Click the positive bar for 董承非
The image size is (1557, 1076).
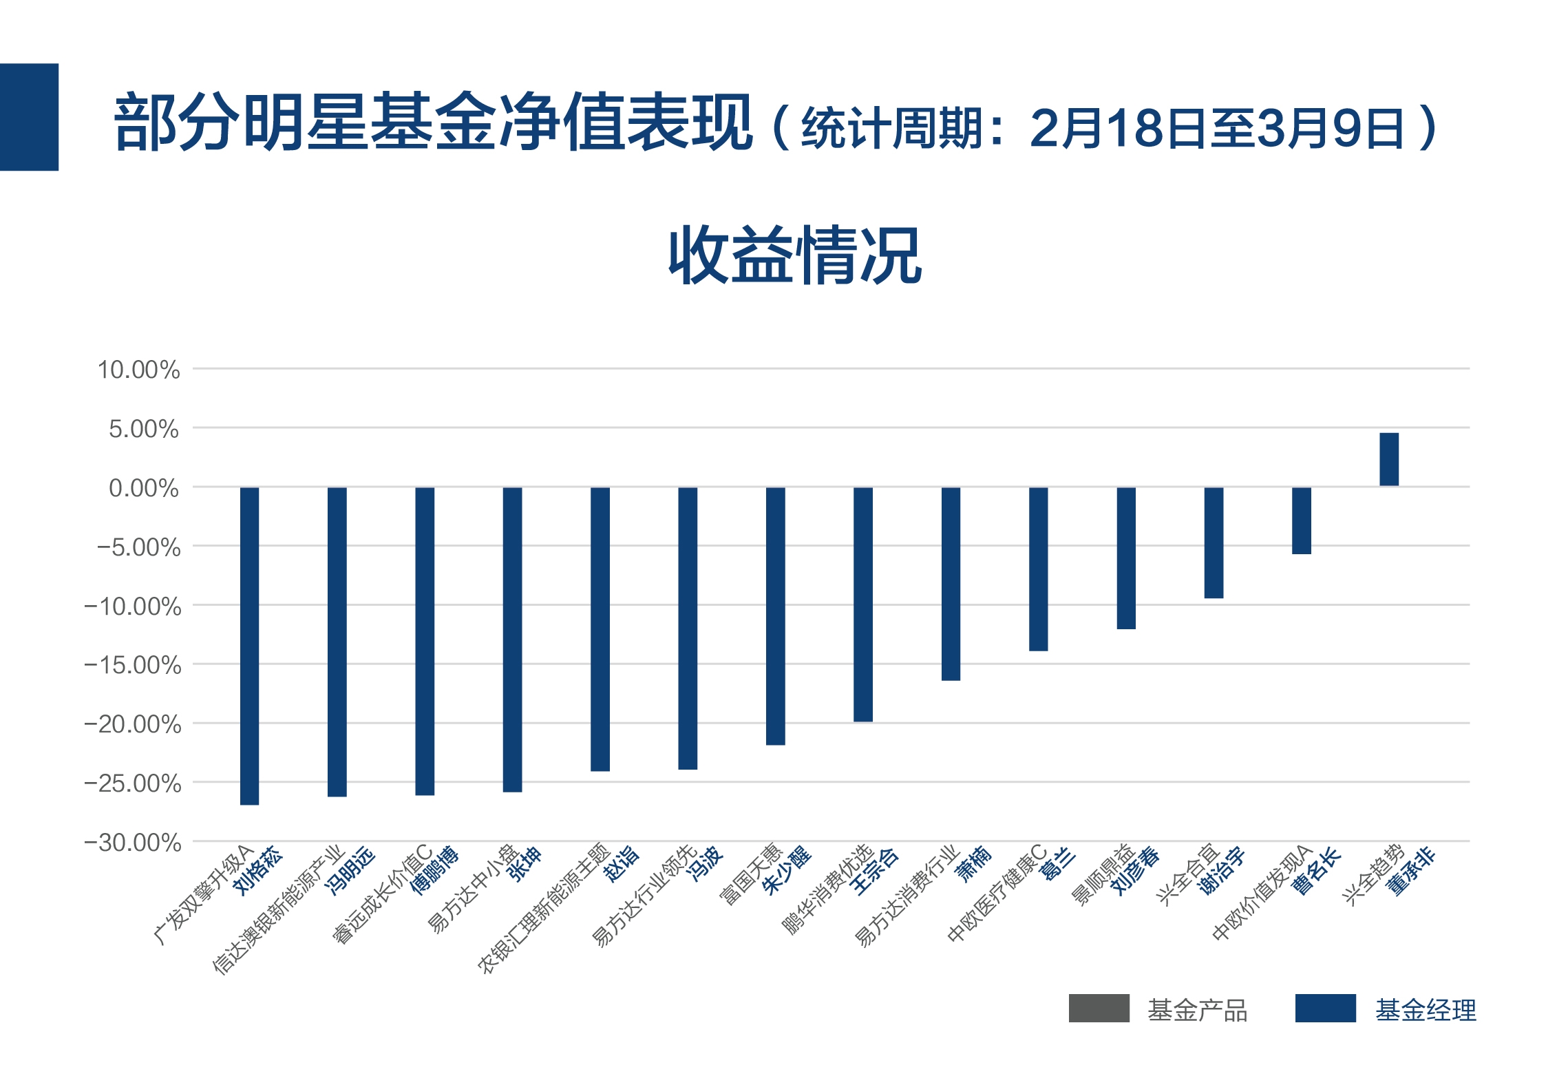pyautogui.click(x=1388, y=459)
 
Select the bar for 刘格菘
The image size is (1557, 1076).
pyautogui.click(x=249, y=645)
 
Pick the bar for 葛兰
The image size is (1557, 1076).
pyautogui.click(x=1038, y=569)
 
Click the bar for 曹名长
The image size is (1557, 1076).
pyautogui.click(x=1301, y=520)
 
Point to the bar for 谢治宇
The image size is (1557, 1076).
pyautogui.click(x=1214, y=542)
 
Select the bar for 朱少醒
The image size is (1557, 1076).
pyautogui.click(x=775, y=615)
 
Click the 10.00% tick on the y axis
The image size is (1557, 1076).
pyautogui.click(x=138, y=370)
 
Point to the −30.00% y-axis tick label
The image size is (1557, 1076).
pyautogui.click(x=133, y=842)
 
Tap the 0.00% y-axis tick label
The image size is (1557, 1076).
pyautogui.click(x=143, y=488)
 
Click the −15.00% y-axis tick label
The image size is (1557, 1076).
pyautogui.click(x=133, y=665)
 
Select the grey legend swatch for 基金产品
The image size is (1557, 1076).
pyautogui.click(x=1099, y=1008)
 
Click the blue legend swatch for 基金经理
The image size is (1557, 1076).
pyautogui.click(x=1325, y=1008)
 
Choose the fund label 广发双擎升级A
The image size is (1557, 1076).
pyautogui.click(x=203, y=895)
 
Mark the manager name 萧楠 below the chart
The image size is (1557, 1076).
pyautogui.click(x=973, y=865)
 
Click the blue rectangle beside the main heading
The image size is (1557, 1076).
pyautogui.click(x=29, y=117)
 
